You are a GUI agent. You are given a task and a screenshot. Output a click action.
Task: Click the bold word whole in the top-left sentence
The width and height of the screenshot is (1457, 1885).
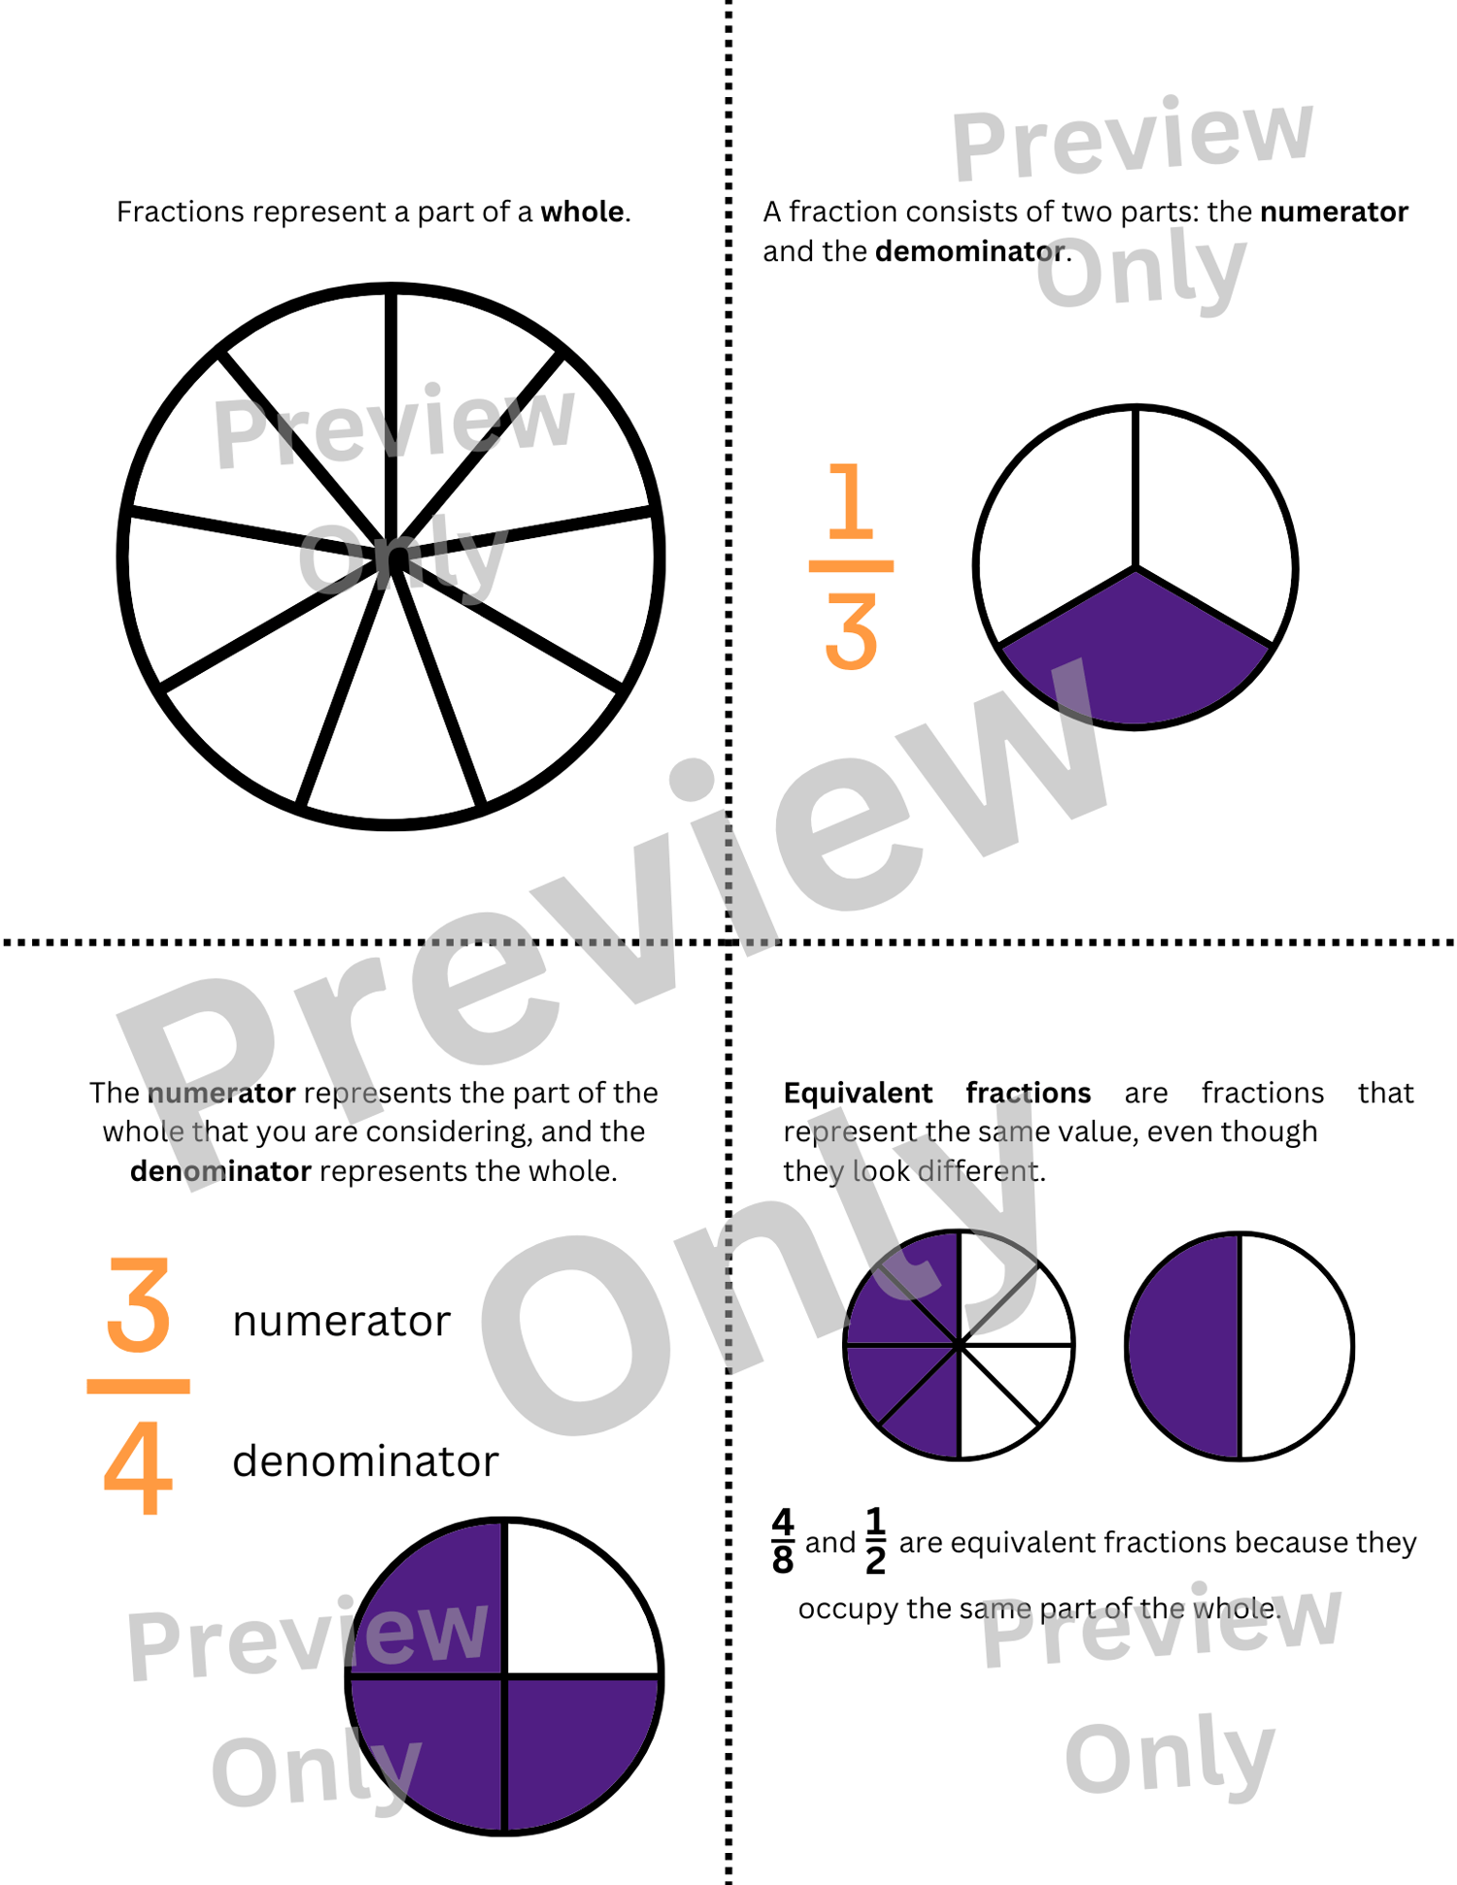coord(582,212)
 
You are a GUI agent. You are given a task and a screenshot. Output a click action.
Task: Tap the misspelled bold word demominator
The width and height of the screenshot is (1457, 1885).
coord(969,252)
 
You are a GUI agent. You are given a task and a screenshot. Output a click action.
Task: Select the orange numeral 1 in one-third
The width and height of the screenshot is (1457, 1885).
coord(851,501)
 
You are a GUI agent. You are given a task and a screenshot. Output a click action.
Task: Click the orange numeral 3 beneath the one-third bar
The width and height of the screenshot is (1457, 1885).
coord(851,632)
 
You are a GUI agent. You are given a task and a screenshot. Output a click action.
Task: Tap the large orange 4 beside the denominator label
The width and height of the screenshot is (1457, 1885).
coord(138,1467)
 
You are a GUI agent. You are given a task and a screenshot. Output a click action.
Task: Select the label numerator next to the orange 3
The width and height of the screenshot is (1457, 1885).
coord(342,1322)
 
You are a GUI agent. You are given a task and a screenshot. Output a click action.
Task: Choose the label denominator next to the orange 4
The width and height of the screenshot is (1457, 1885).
coord(365,1462)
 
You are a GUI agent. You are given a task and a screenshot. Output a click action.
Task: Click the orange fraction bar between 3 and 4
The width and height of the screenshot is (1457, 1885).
coord(138,1387)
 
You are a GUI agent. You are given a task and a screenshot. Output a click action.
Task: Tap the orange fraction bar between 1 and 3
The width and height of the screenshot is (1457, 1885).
coord(851,566)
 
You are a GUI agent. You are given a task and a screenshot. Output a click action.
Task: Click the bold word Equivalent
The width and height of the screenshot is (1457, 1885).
coord(858,1094)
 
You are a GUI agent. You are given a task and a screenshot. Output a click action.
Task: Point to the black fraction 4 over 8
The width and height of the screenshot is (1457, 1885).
coord(783,1541)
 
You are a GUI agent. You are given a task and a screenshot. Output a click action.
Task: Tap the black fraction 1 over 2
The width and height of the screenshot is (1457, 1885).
coord(875,1541)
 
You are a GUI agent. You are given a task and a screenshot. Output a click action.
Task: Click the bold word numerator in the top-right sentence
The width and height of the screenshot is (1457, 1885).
coord(1334,212)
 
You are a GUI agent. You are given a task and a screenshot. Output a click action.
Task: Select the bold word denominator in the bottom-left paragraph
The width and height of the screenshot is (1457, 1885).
coord(220,1171)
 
